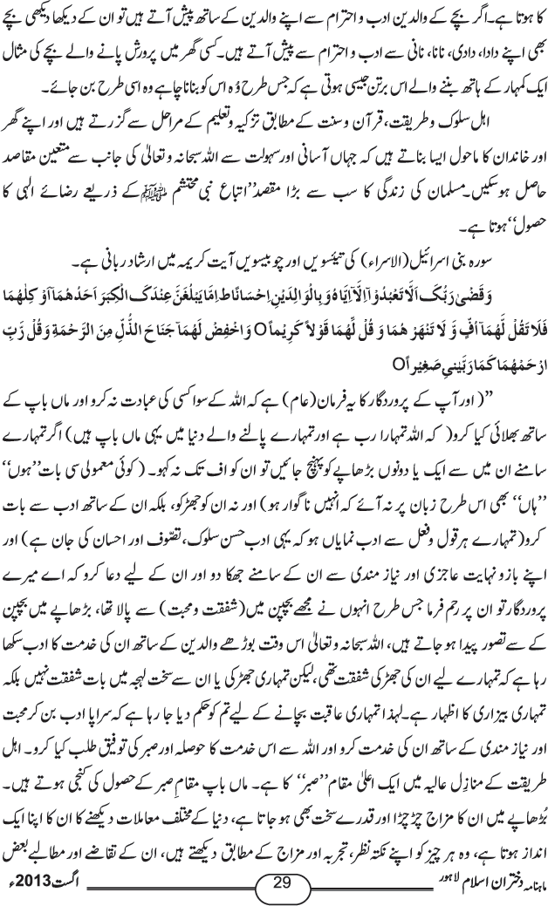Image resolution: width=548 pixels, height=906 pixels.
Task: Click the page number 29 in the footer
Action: [x=281, y=883]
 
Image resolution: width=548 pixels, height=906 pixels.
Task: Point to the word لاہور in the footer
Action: [x=204, y=885]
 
